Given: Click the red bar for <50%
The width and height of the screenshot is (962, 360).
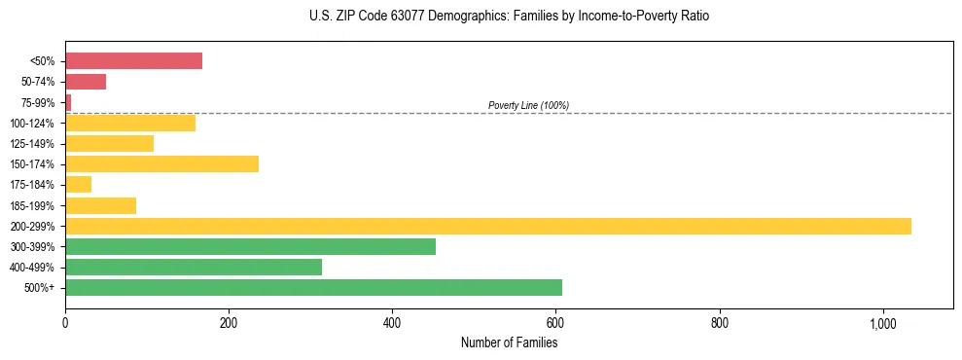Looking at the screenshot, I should (x=133, y=61).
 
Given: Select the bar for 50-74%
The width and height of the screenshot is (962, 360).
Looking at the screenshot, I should (x=86, y=82).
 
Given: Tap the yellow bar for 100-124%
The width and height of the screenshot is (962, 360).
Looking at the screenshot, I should (x=130, y=123).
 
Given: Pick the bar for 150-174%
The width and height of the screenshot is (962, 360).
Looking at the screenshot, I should (x=161, y=164).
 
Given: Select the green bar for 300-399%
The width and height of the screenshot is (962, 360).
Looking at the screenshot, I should (x=250, y=246).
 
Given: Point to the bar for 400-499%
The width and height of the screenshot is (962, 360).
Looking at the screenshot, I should (x=194, y=268).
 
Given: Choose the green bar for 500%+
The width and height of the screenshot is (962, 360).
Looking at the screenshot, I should (x=313, y=288).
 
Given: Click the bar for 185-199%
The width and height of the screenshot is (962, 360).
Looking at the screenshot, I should (x=100, y=205).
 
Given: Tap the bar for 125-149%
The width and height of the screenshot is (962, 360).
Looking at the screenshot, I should (x=109, y=144).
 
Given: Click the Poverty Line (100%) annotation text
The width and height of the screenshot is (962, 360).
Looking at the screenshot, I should (x=528, y=105).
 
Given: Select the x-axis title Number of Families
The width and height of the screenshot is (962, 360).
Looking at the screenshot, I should (x=509, y=342).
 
